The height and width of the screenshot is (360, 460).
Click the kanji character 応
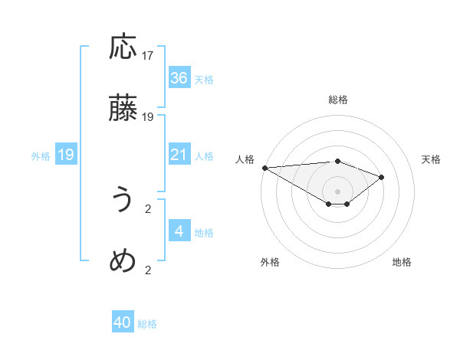point(123,48)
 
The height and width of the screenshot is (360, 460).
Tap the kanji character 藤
point(123,109)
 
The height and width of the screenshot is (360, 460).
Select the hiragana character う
point(123,201)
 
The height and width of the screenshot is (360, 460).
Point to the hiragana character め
point(123,261)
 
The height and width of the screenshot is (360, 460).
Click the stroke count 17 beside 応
point(148,56)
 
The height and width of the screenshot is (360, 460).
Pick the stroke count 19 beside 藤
point(148,116)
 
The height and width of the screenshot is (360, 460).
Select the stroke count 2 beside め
point(148,269)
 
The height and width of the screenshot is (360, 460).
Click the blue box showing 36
point(179,78)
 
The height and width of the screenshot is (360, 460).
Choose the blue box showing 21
point(179,155)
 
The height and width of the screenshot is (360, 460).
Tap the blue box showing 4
point(179,231)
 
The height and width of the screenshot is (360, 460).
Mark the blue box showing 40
point(123,323)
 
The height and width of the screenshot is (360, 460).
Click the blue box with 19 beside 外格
point(66,155)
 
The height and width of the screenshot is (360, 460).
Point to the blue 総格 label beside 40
point(147,324)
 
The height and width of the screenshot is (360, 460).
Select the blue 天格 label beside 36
point(204,79)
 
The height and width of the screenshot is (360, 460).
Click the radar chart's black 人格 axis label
point(245,159)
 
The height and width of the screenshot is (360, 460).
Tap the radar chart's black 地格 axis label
point(402,262)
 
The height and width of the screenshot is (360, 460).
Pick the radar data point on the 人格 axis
point(264,167)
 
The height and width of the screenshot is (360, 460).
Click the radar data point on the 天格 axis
point(381,177)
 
